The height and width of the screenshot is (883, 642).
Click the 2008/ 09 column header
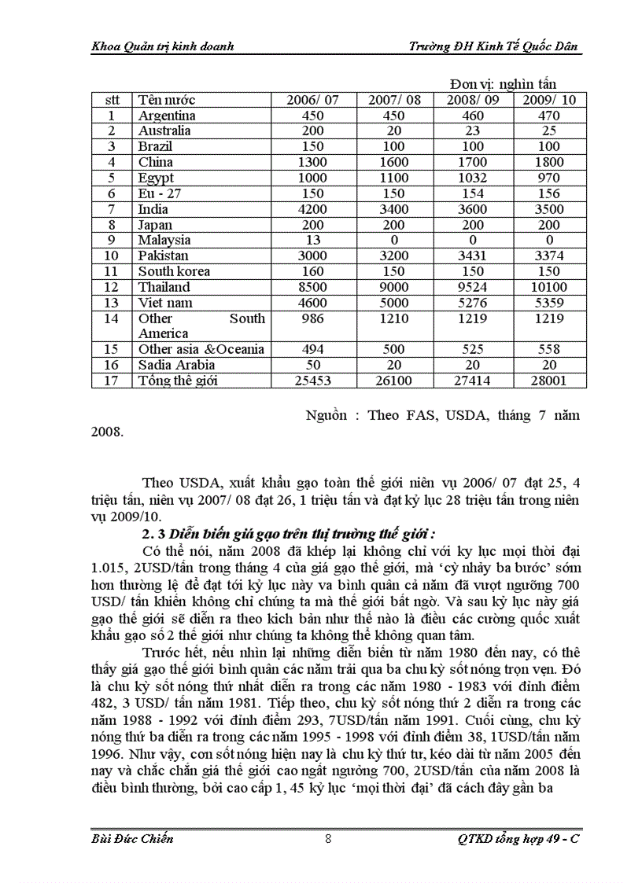coord(472,100)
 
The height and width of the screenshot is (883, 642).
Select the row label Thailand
coord(164,287)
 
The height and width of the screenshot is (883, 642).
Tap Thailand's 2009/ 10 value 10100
coord(548,287)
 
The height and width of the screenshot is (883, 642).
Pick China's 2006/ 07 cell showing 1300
coord(313,162)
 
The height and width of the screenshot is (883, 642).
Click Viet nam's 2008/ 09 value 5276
coord(472,303)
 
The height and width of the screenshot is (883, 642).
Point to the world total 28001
coord(548,381)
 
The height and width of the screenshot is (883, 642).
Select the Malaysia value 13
coord(313,240)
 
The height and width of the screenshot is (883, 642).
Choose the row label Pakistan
coord(163,256)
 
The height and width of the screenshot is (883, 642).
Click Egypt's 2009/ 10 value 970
coord(548,178)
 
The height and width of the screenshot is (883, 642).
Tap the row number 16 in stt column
coord(112,365)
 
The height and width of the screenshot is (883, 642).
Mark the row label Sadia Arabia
coord(176,365)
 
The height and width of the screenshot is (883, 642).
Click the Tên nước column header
coord(167,100)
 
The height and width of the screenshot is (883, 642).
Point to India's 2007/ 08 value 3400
coord(393,209)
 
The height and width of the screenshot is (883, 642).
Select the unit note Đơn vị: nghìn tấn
coord(504,84)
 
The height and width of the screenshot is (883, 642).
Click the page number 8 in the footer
coord(327,838)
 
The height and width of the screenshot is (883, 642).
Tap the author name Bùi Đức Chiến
coord(127,838)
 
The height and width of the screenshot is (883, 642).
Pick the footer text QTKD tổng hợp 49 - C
coord(518,838)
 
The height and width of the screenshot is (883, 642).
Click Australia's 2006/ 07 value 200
coord(313,131)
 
